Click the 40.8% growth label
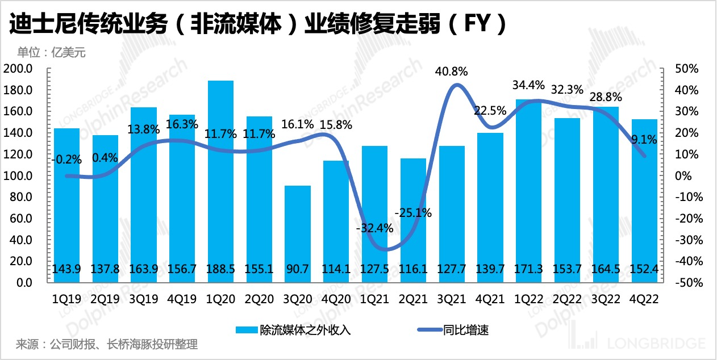click(452, 72)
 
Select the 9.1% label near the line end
click(644, 139)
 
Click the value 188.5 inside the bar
click(221, 269)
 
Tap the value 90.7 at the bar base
click(298, 269)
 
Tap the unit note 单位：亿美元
click(51, 52)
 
